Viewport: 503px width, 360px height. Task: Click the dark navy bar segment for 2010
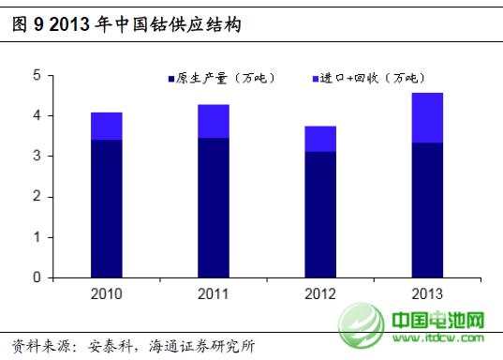point(107,208)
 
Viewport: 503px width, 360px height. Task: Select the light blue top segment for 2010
point(107,126)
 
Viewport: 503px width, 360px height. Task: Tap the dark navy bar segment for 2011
point(214,207)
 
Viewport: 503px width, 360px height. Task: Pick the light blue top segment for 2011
point(214,121)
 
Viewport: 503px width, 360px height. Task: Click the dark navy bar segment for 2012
point(320,214)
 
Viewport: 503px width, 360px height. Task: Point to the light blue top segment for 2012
point(320,139)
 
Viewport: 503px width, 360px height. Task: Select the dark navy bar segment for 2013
point(428,210)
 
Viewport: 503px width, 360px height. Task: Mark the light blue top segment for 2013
point(428,117)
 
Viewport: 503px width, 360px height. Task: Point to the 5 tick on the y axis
point(36,75)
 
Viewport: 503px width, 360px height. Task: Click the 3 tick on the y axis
point(36,157)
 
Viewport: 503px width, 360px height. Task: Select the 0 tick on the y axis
point(36,278)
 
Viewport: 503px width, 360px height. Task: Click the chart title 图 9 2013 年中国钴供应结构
point(126,25)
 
